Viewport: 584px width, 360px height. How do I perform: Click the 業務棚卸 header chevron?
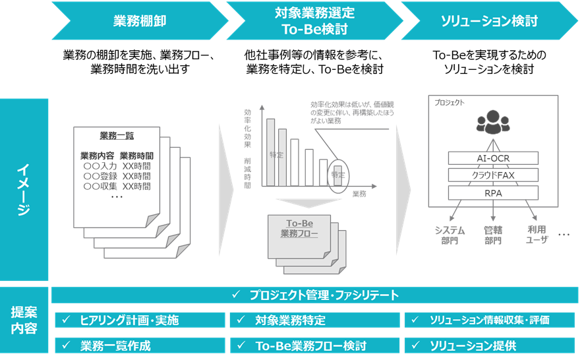(139, 21)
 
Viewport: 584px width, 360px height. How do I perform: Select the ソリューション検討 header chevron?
(489, 21)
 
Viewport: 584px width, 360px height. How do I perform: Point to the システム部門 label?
(450, 235)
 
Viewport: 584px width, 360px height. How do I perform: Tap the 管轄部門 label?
(493, 235)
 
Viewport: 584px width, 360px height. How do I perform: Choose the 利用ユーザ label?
(536, 235)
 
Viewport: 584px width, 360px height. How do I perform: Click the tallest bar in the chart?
(270, 152)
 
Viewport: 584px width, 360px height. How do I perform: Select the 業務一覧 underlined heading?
(117, 136)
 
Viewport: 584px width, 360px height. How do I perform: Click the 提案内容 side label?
(24, 320)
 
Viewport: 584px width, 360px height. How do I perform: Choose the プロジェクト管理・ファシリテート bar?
(315, 295)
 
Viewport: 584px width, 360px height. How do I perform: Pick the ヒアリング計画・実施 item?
(139, 320)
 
